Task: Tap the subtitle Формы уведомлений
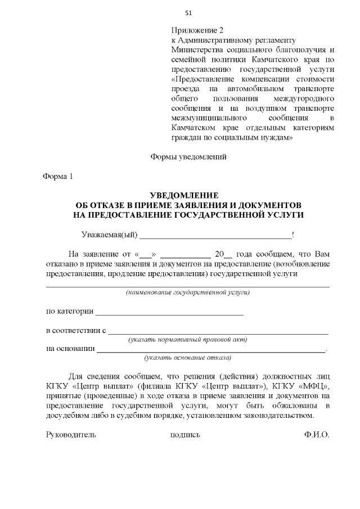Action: point(188,157)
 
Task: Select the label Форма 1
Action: point(58,177)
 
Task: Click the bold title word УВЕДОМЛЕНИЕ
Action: point(188,195)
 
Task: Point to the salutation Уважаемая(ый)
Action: point(109,235)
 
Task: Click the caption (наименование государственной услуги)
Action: point(188,293)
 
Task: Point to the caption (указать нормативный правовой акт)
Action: point(188,340)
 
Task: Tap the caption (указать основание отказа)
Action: point(188,358)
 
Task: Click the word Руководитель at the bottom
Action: point(70,435)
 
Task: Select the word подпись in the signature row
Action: point(184,435)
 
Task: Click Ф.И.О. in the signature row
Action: point(316,435)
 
